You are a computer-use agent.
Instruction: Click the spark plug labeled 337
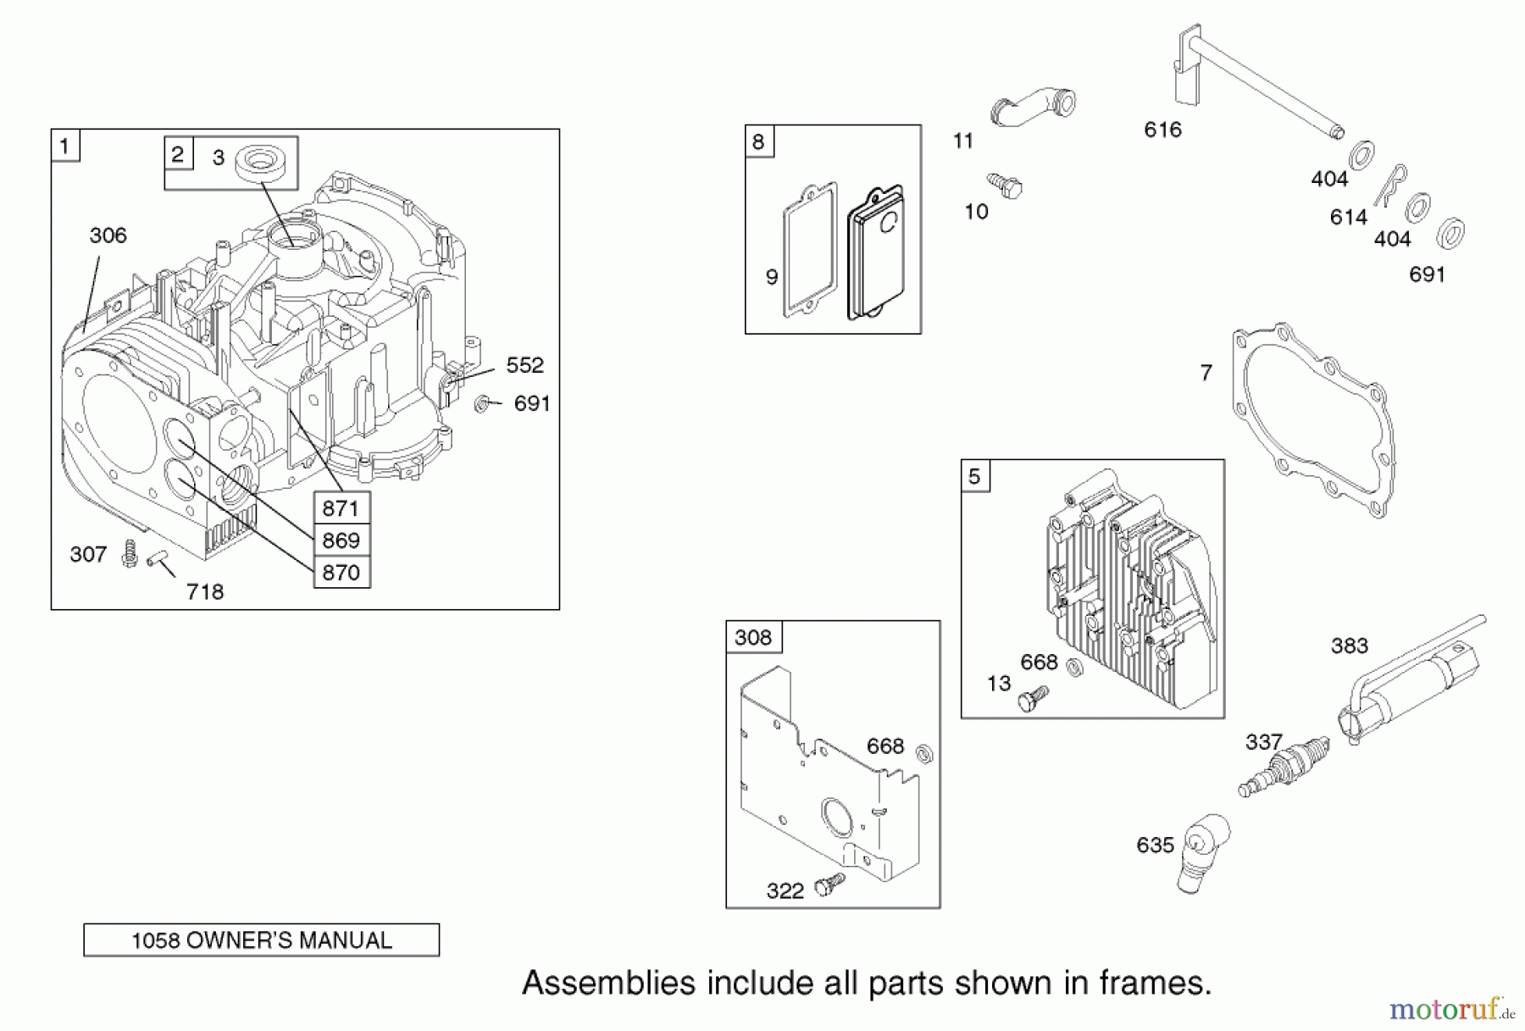(1284, 766)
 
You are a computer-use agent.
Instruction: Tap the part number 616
(1162, 130)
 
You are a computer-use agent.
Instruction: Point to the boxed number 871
(341, 508)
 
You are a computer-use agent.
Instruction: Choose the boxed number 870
(341, 573)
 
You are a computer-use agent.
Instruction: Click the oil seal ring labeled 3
(264, 162)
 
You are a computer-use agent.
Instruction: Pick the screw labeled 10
(1006, 186)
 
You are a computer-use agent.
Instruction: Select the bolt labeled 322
(829, 885)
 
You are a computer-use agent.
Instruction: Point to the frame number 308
(753, 637)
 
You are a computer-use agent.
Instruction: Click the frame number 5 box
(974, 476)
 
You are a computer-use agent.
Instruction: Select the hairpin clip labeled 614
(1390, 186)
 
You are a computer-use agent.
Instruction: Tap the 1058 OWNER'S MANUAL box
(261, 940)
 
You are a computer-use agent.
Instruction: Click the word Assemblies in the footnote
(609, 983)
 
